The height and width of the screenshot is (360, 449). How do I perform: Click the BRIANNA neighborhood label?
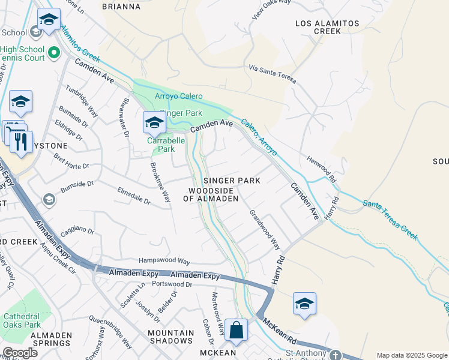click(x=121, y=7)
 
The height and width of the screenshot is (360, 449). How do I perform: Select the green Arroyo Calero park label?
click(x=179, y=96)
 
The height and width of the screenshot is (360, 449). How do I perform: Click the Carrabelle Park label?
click(x=161, y=145)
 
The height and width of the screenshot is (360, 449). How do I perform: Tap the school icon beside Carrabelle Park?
click(x=154, y=123)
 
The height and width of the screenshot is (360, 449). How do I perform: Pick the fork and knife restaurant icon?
click(x=21, y=142)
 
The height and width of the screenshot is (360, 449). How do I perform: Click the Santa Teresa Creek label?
click(x=390, y=220)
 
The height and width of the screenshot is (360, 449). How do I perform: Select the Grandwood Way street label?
click(x=265, y=229)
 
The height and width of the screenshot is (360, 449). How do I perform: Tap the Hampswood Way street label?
click(x=164, y=262)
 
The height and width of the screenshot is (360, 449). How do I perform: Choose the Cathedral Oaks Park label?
click(x=22, y=320)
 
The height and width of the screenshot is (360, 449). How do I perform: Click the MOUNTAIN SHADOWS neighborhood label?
click(x=171, y=337)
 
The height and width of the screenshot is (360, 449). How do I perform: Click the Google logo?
click(x=20, y=353)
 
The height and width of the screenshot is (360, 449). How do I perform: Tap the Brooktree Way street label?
click(x=160, y=181)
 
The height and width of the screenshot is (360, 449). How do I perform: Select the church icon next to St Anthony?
click(x=336, y=355)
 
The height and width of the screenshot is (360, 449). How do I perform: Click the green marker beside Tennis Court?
click(x=53, y=53)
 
